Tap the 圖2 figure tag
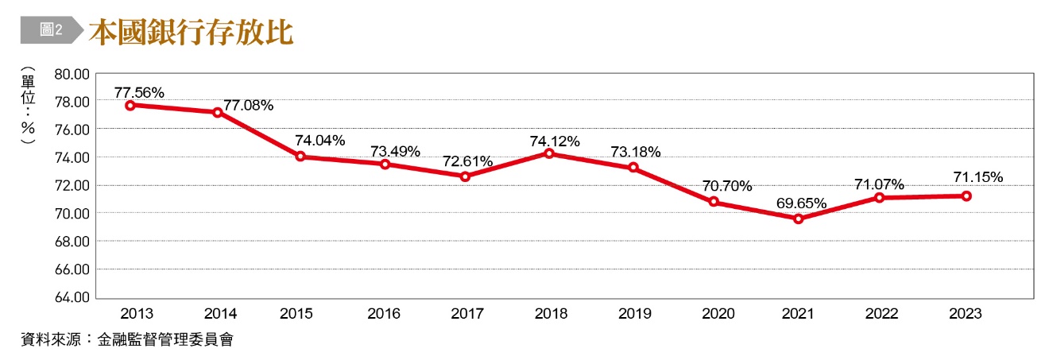[51, 30]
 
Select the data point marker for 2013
[130, 105]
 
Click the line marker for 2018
[549, 153]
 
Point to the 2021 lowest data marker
[798, 219]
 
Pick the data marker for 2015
[301, 157]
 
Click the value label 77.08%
[248, 105]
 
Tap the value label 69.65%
[802, 204]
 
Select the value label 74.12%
[555, 141]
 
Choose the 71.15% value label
[977, 176]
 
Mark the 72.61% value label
[467, 161]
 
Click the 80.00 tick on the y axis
[72, 74]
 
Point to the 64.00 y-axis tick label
[72, 298]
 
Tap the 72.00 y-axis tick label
[72, 185]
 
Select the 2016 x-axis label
[385, 314]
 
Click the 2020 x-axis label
[718, 314]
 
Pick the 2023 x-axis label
[965, 314]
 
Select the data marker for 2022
[881, 197]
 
